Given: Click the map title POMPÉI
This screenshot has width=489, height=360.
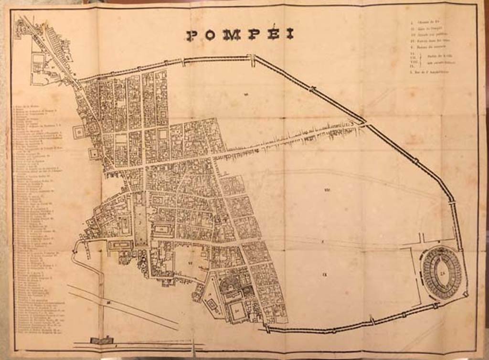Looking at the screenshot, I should [x=240, y=35].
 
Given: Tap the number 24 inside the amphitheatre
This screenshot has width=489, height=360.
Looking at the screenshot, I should [x=443, y=273].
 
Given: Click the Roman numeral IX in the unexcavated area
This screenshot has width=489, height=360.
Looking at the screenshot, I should [x=324, y=275].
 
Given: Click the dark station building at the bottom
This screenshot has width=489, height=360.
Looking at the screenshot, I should [x=102, y=341].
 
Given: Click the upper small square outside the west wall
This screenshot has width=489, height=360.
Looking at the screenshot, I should [x=78, y=132].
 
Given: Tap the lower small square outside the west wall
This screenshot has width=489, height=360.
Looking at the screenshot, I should [x=94, y=154].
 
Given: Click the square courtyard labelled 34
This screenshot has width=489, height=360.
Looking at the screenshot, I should [x=237, y=311].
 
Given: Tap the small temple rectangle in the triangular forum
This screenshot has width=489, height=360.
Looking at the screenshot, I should [x=211, y=304].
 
